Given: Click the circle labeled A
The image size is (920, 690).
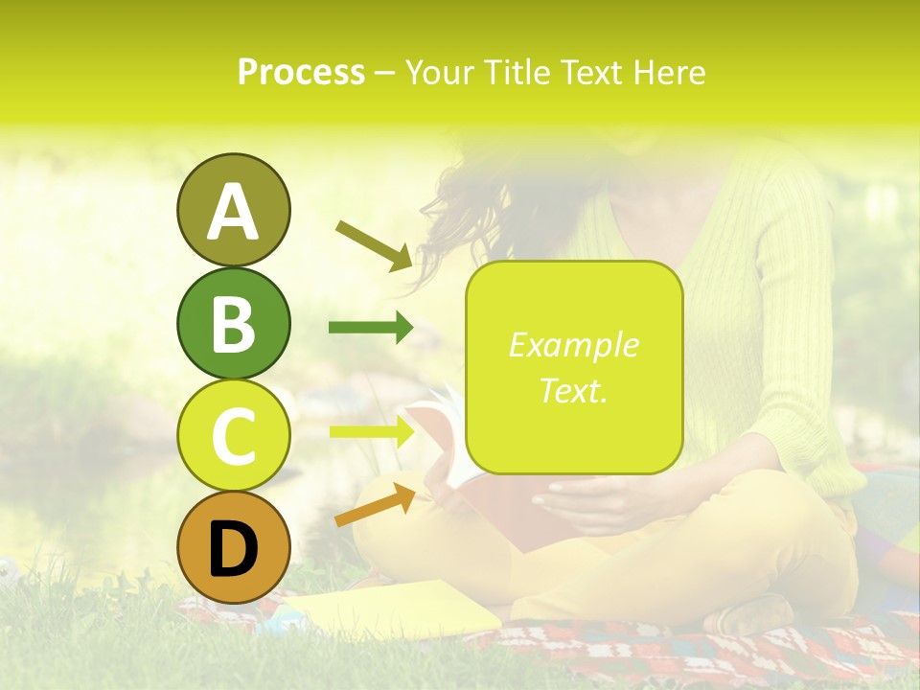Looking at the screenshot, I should tap(233, 210).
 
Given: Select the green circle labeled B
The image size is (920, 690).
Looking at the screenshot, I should tap(233, 323).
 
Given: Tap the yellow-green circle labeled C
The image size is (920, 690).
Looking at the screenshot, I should tap(233, 435).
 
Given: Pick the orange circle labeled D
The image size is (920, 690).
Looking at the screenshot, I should tap(233, 548).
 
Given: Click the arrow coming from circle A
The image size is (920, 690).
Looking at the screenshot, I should tap(374, 245).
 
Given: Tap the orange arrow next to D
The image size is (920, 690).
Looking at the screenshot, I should tap(375, 505).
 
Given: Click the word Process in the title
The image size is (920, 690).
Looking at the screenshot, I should tap(301, 72).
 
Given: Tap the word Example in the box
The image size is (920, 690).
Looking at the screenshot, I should tap(573, 345).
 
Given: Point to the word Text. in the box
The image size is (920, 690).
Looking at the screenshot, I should tap(573, 390).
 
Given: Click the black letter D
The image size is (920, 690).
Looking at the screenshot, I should tap(233, 550).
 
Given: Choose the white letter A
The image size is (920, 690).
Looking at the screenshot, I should tap(233, 212).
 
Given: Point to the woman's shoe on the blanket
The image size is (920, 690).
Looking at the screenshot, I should tap(757, 613).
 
